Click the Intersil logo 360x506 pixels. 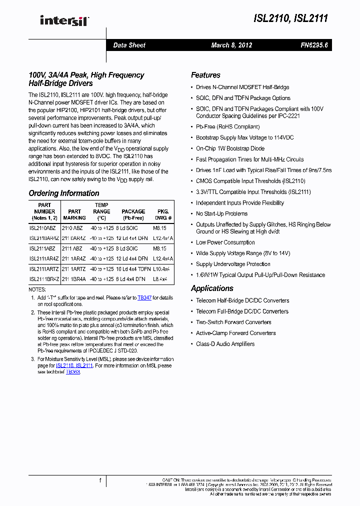click(63, 20)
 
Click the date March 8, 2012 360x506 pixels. click(231, 45)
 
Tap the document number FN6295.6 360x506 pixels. click(314, 45)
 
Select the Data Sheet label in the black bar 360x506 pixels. click(129, 45)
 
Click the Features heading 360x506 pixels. click(205, 75)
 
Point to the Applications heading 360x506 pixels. click(212, 288)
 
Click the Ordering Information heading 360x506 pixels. click(64, 193)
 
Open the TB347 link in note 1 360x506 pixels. click(144, 298)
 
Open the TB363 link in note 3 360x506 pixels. click(72, 372)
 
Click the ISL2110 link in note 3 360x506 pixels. click(64, 366)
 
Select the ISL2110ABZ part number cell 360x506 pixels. click(42, 228)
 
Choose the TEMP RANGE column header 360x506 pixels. click(101, 211)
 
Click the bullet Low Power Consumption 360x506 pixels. click(225, 242)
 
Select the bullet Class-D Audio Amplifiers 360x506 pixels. click(225, 344)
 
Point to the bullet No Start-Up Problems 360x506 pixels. click(221, 214)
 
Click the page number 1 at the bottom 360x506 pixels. click(100, 480)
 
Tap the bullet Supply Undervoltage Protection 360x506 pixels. click(233, 264)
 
